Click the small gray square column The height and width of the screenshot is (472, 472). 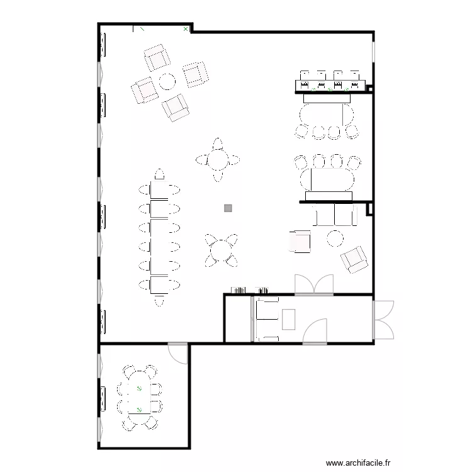228,208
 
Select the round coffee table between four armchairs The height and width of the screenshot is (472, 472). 167,81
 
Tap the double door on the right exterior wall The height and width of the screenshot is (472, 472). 383,320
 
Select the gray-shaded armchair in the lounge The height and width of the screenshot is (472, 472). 300,241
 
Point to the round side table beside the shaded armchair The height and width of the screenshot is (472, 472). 335,239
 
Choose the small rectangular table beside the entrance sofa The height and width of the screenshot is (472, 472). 289,319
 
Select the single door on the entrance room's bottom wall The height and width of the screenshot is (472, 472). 315,331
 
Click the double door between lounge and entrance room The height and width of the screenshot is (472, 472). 313,285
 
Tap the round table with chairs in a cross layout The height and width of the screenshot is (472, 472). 218,160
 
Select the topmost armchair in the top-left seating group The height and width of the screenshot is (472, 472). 157,58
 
